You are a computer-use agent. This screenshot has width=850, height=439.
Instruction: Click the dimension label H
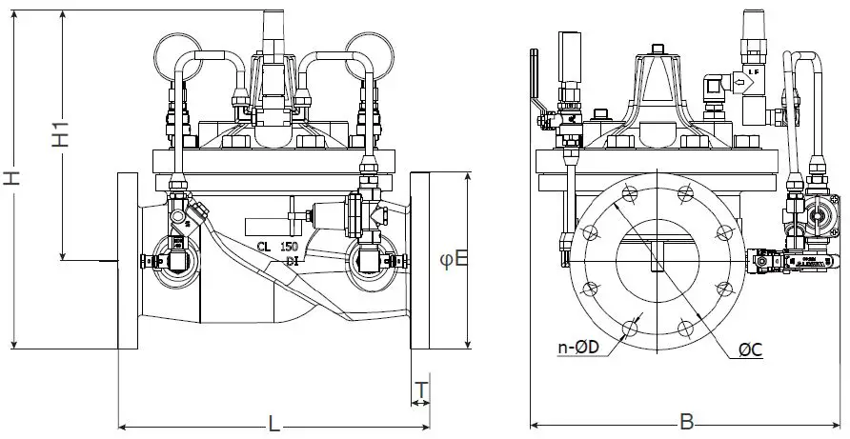coord(10,179)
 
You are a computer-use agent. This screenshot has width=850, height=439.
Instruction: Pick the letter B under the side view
coord(686,420)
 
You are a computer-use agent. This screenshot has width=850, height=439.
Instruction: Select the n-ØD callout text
coord(577,349)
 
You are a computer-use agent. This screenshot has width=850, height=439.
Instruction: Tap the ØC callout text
coord(751,349)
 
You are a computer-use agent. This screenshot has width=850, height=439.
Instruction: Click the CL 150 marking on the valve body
coord(276,247)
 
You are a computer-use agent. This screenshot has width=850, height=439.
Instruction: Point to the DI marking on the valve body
coord(291,261)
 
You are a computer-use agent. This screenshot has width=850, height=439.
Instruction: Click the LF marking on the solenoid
coord(754,70)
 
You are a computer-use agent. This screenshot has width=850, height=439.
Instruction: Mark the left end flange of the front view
coord(128,260)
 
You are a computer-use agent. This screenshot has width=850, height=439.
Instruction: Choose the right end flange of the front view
coord(421,260)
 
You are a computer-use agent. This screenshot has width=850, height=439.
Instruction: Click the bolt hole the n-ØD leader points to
coord(628,328)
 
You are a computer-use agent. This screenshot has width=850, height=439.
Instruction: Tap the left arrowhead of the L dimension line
coord(120,426)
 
